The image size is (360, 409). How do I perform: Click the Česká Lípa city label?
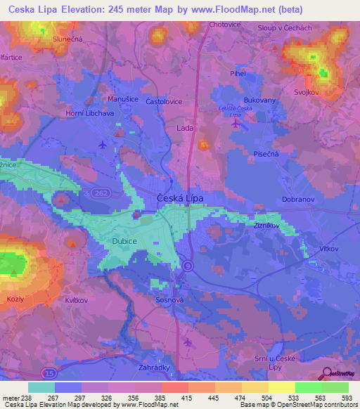point(179,199)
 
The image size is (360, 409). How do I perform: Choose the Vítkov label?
point(328,249)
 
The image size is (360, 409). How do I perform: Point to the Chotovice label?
point(225,25)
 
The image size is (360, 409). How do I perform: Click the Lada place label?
point(186,129)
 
